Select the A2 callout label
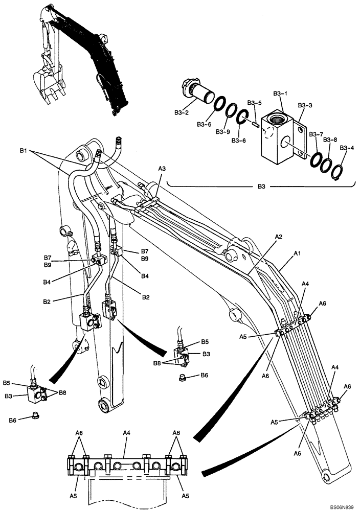point(279,237)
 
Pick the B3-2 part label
point(182,111)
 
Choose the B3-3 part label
point(305,105)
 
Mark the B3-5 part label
point(254,103)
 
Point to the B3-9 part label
point(223,132)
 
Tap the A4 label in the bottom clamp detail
point(126,432)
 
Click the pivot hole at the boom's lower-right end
point(326,478)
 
